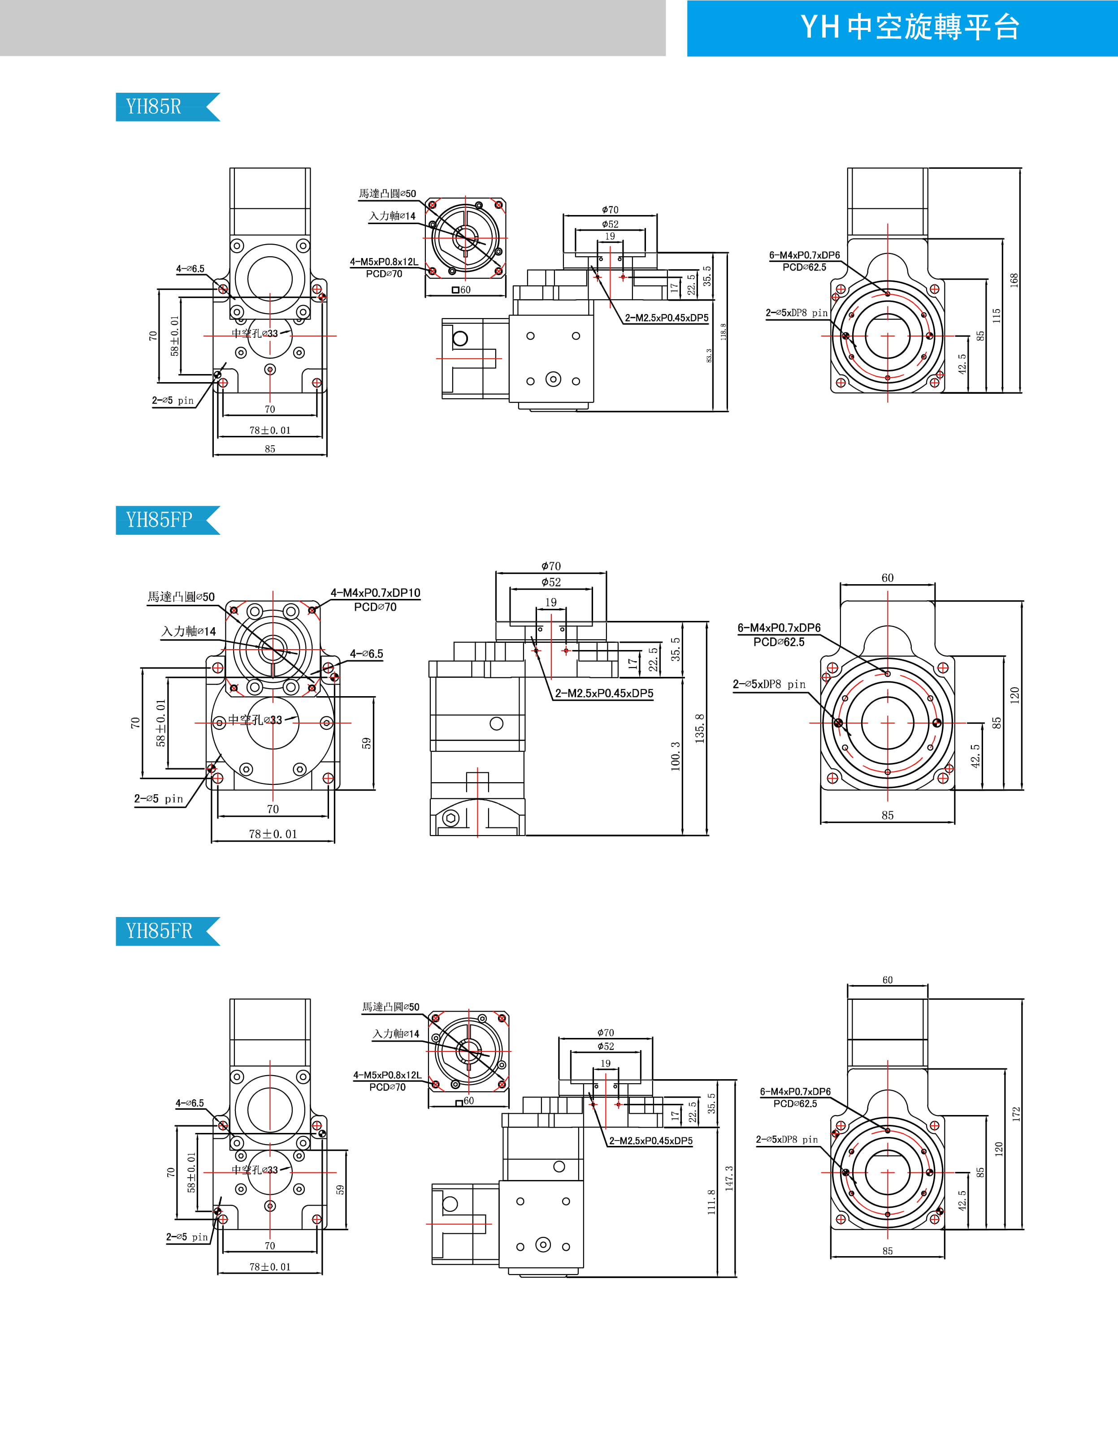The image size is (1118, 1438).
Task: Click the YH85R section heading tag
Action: tap(153, 107)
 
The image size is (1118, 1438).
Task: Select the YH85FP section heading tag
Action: tap(159, 520)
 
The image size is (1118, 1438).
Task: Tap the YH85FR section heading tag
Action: tap(159, 931)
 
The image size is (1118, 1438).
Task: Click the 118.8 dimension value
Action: tap(724, 331)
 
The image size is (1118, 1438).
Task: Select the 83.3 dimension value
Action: tap(709, 356)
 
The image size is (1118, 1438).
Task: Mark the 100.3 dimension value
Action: tap(675, 756)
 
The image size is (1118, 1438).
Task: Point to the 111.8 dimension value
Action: tap(711, 1201)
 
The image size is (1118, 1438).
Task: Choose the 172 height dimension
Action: tap(1016, 1114)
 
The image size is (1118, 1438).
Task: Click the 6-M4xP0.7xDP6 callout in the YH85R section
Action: tap(804, 255)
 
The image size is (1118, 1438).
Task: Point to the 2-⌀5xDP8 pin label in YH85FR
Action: tap(787, 1139)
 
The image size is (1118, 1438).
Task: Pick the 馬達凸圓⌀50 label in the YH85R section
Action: tap(387, 194)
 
